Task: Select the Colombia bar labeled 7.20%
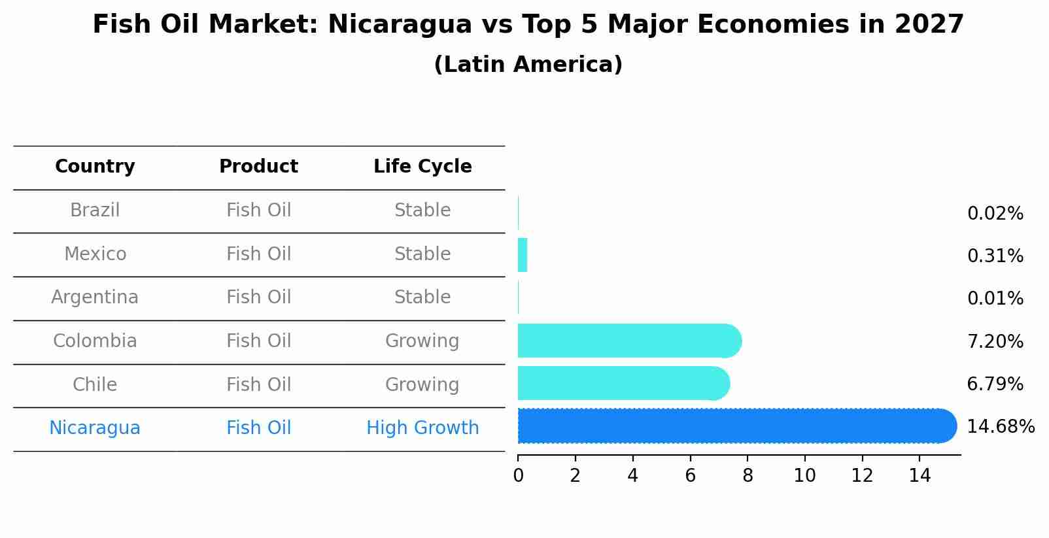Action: [628, 341]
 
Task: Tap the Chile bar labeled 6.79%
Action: [621, 384]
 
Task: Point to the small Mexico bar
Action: [523, 255]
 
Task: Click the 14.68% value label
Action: [1000, 427]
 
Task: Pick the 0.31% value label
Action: [995, 256]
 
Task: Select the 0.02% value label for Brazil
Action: [995, 214]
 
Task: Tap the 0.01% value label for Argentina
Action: [995, 299]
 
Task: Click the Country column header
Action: [95, 167]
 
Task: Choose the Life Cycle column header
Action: [422, 167]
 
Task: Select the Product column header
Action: [258, 167]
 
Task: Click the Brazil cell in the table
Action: [95, 210]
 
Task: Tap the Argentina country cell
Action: [95, 297]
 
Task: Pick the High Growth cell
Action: [422, 428]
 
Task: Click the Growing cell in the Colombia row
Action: [422, 341]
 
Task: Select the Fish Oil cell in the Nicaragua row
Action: [258, 428]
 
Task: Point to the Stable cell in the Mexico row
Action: [422, 254]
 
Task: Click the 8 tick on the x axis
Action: [748, 475]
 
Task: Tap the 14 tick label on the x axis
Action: [920, 475]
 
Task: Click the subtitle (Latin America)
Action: [528, 65]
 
